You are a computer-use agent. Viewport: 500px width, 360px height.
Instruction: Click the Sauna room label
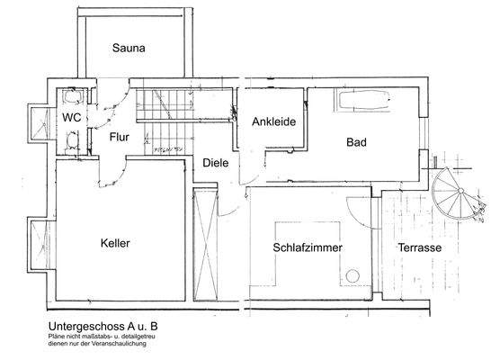[x=129, y=48]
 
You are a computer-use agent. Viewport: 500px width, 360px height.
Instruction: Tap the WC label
[x=72, y=118]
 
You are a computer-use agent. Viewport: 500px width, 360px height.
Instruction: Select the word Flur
[x=121, y=138]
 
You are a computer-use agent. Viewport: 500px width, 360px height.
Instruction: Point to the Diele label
[x=215, y=164]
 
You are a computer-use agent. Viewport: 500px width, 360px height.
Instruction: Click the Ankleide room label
[x=274, y=122]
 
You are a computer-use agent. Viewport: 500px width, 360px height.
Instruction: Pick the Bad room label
[x=358, y=141]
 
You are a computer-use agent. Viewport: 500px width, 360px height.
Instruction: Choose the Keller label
[x=116, y=243]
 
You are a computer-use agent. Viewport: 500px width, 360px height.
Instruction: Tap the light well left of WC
[x=40, y=127]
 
